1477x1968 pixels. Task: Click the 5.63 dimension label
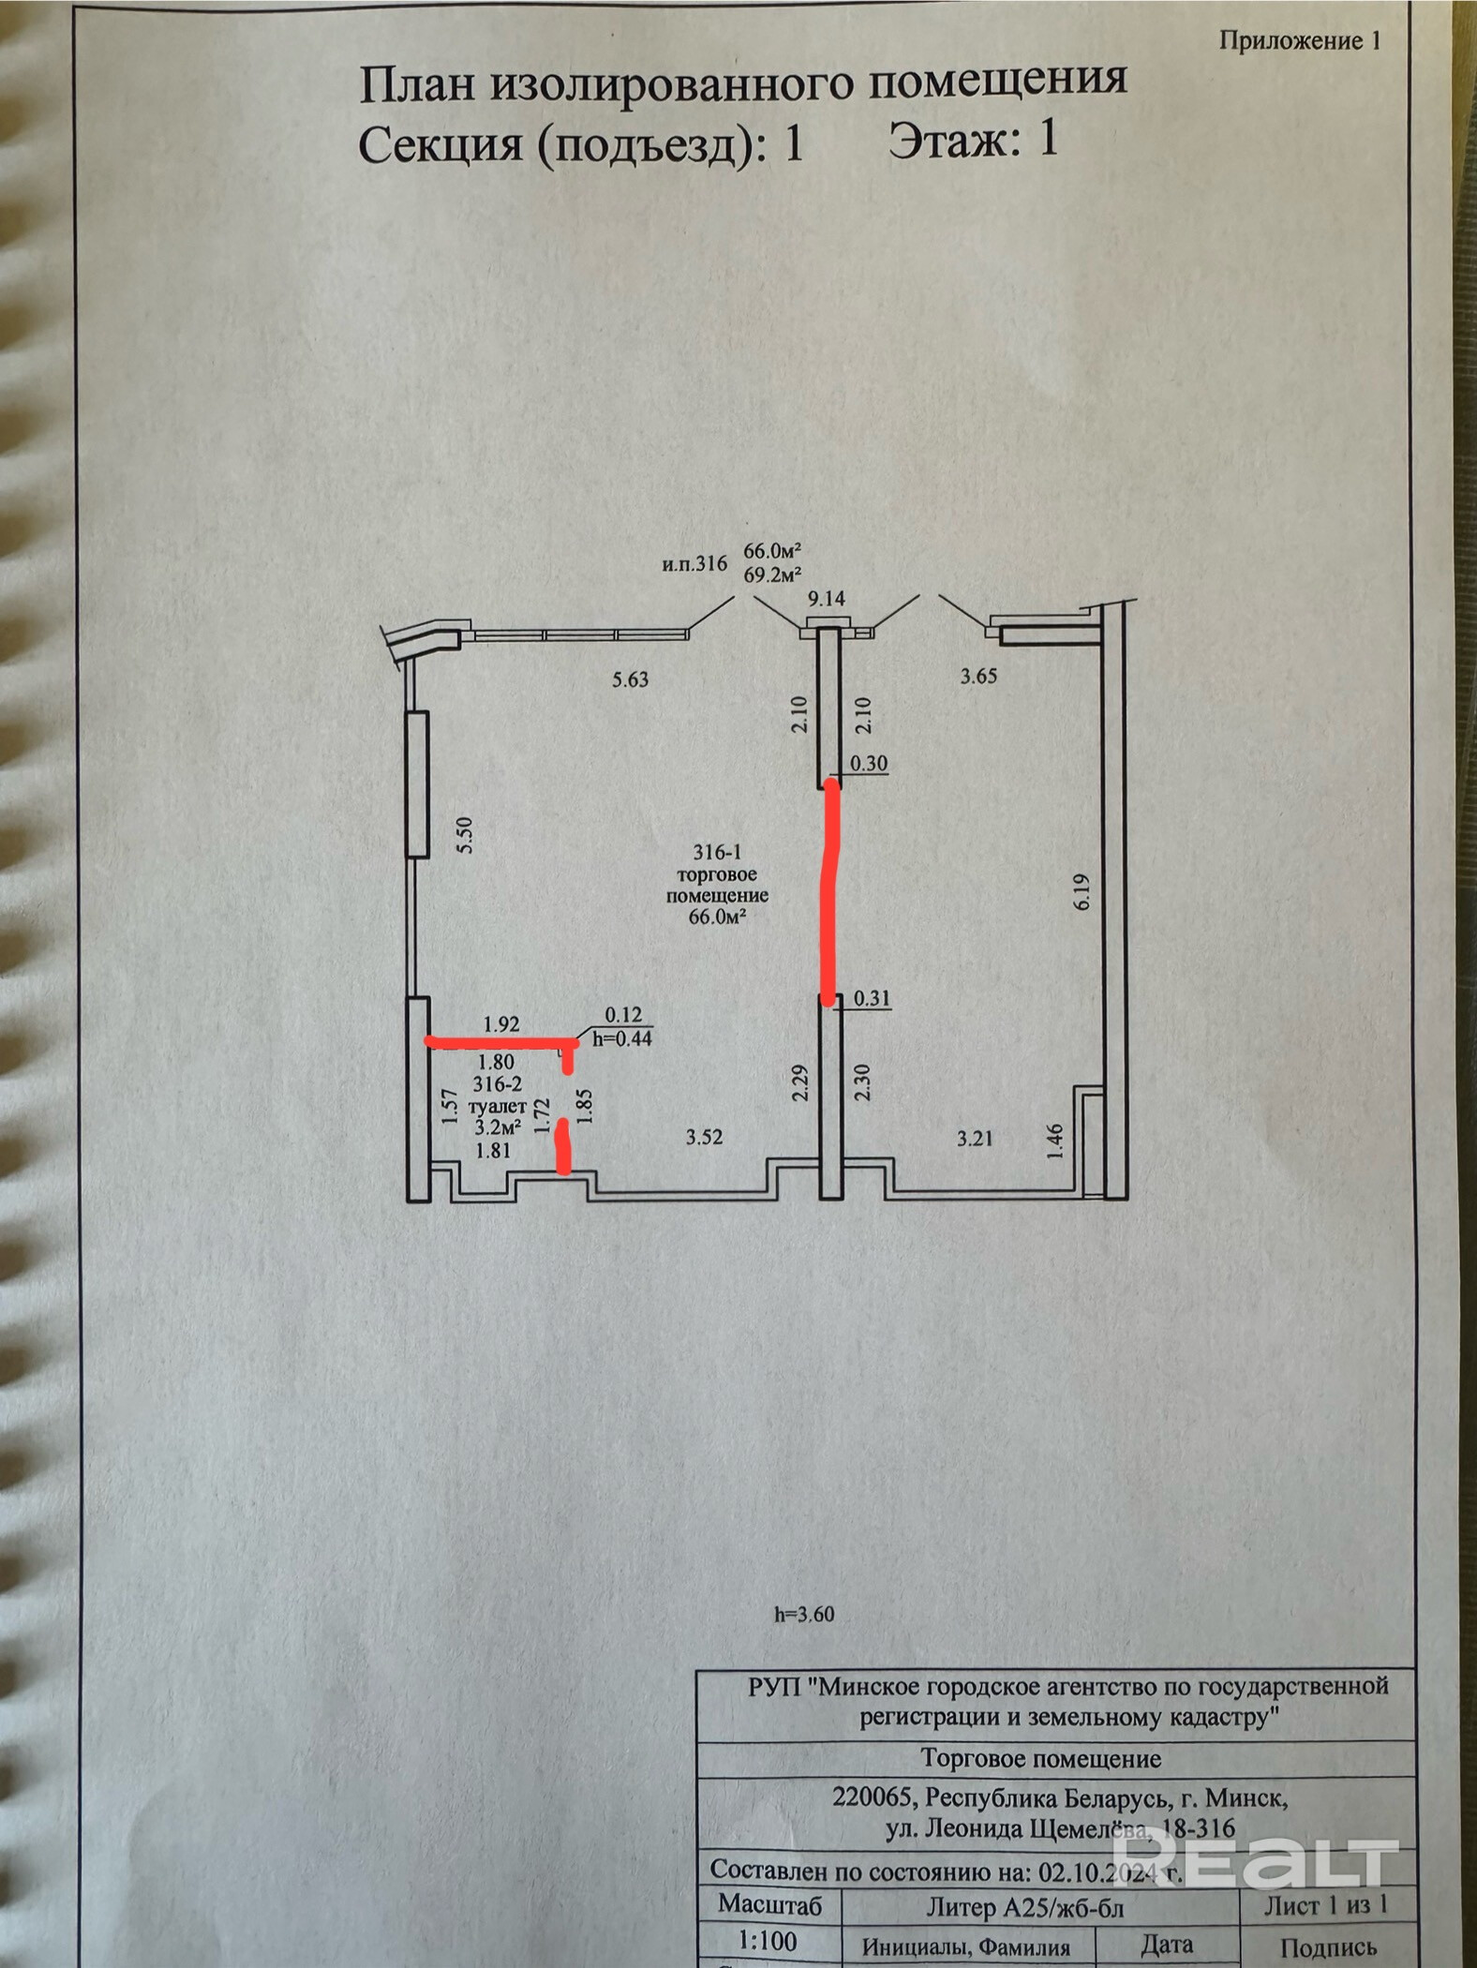click(x=630, y=679)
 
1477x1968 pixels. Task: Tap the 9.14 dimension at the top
click(x=826, y=598)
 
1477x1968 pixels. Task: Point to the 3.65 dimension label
click(x=978, y=676)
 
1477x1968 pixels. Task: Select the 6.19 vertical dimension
click(x=1082, y=891)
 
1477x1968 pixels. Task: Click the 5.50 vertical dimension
click(x=464, y=834)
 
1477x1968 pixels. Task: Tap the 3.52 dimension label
click(x=704, y=1138)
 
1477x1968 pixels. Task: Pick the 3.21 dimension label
click(x=975, y=1139)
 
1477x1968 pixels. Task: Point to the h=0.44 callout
click(x=622, y=1038)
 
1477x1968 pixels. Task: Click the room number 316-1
click(x=717, y=853)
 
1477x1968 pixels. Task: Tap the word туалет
click(x=497, y=1107)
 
